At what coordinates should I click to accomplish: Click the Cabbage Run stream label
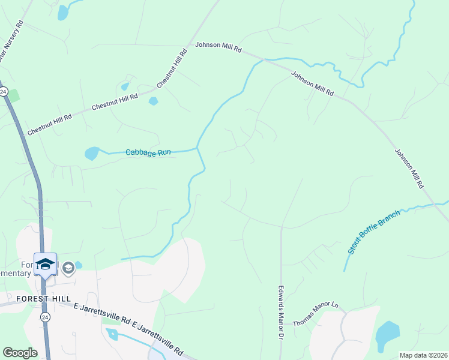pos(148,152)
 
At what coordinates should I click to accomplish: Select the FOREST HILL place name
pos(44,298)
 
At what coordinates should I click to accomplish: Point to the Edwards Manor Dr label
pos(280,312)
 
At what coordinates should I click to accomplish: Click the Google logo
pos(20,353)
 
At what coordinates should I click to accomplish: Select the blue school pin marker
pos(45,265)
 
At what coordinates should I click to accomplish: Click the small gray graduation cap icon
pos(68,268)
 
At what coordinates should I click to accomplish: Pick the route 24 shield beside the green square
pos(3,92)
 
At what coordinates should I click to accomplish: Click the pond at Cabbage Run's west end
pos(92,154)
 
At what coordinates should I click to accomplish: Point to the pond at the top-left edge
pos(63,13)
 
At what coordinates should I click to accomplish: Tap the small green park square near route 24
pos(13,95)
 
